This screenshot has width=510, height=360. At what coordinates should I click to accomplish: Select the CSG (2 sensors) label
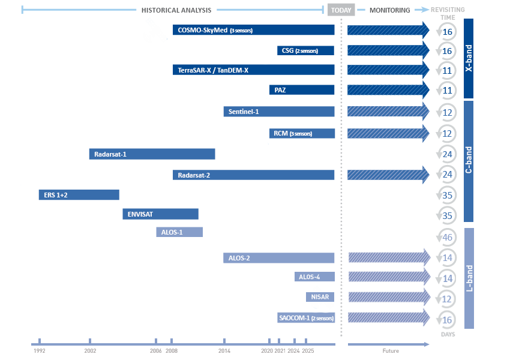(299, 51)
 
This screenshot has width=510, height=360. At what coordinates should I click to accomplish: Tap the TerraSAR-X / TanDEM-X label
(212, 70)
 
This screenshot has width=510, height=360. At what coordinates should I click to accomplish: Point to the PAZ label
(280, 90)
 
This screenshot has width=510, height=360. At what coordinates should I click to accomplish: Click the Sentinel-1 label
(244, 112)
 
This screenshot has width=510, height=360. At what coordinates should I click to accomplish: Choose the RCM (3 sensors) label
(293, 133)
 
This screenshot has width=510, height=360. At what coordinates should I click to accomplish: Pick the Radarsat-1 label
(110, 154)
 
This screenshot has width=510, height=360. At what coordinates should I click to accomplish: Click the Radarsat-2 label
(194, 175)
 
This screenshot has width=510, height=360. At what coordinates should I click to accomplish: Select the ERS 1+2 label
(56, 196)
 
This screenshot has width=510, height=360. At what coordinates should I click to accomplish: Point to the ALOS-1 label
(172, 231)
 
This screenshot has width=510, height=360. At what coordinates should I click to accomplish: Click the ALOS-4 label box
(310, 277)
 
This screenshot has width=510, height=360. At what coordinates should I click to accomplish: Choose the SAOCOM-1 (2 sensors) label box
(305, 317)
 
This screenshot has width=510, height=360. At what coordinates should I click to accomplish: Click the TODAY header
(341, 11)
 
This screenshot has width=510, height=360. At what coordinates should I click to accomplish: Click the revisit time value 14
(446, 278)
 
